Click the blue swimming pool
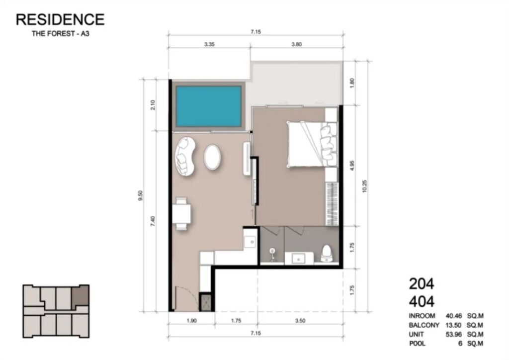click(x=208, y=106)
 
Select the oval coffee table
click(x=213, y=157)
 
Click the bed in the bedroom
click(x=312, y=144)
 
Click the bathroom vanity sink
click(x=299, y=259)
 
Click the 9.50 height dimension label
click(x=140, y=195)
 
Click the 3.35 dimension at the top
click(x=209, y=44)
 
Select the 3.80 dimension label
click(x=297, y=44)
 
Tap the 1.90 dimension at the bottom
click(x=191, y=321)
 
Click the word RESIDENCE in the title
click(x=60, y=19)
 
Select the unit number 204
click(x=422, y=284)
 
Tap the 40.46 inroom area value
click(x=453, y=316)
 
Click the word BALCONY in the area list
click(x=424, y=325)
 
